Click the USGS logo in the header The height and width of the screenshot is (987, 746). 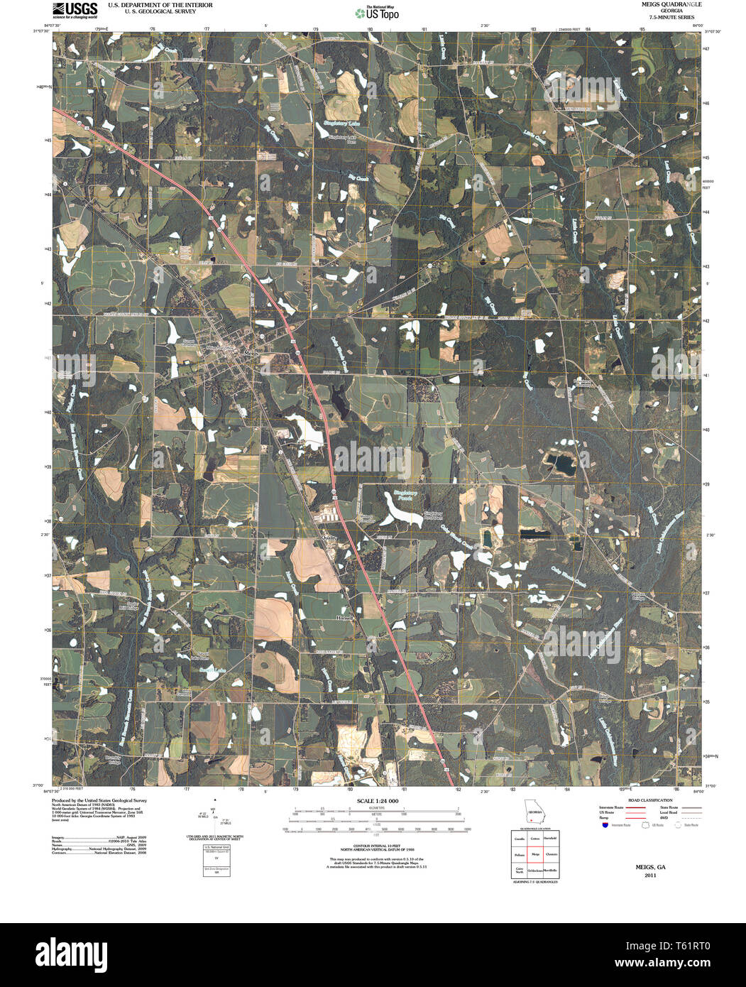pos(75,9)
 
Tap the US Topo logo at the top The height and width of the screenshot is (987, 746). pos(376,12)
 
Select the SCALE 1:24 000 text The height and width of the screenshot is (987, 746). pos(373,801)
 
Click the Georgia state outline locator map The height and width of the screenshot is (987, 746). pos(534,812)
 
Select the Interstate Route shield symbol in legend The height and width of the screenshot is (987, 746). pos(604,826)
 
